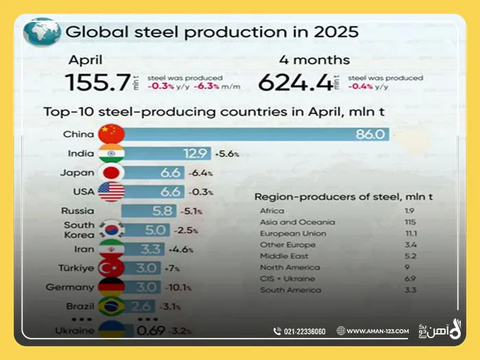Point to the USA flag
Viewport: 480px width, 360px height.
(110, 191)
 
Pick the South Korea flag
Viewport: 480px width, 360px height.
(110, 230)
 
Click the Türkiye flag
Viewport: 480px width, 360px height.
(110, 267)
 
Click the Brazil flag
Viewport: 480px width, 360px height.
(110, 306)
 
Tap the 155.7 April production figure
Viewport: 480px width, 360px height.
(97, 82)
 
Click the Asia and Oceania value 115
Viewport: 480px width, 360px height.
(409, 222)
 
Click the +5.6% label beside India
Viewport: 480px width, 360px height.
(226, 154)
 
